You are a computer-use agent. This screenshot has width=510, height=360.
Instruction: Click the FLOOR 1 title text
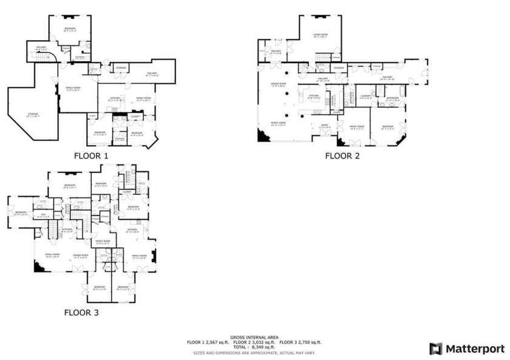coord(90,155)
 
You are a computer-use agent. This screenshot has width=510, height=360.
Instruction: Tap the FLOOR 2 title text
coord(342,155)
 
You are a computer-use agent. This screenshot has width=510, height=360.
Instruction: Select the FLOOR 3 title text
coord(81,313)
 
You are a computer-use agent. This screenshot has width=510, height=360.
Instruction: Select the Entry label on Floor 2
coord(325,126)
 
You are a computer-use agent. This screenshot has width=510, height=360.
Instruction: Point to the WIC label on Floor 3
coord(42,215)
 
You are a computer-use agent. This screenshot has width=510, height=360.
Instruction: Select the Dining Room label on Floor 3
coord(81,256)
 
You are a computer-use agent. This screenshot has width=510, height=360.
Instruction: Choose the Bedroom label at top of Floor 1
coord(70,29)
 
